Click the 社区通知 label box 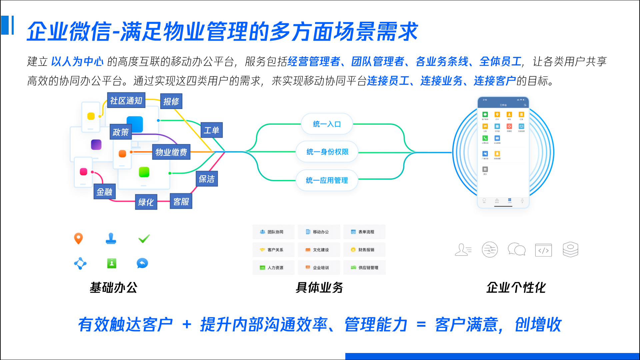126,100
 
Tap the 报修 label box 171,101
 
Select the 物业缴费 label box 171,152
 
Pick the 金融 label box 104,192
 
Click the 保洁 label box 207,179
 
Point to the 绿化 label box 146,202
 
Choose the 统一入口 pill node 327,124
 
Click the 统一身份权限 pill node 327,152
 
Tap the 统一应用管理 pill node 327,180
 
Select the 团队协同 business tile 273,232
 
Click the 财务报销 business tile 364,250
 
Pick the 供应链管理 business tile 364,268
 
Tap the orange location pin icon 78,238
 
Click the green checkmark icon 144,238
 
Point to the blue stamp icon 111,238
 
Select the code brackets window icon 543,250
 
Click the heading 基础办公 114,287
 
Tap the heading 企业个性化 516,287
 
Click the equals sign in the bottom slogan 421,324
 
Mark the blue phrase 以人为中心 77,61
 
